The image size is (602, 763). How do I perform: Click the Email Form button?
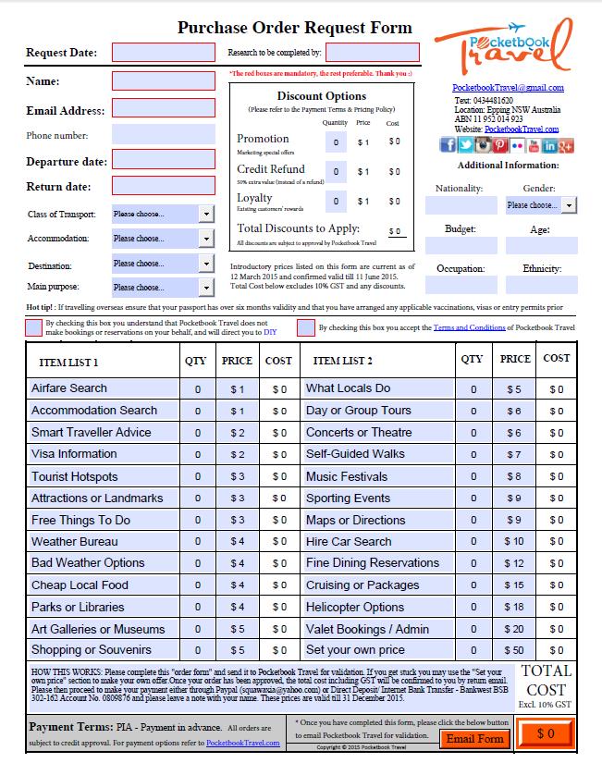(474, 738)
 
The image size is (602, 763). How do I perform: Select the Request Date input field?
(163, 52)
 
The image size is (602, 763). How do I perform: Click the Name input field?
(163, 80)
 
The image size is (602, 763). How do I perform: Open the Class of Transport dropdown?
(163, 214)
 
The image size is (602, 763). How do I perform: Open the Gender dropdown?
(540, 205)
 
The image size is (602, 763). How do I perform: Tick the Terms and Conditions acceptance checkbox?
(305, 327)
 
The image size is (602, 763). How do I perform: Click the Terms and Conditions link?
(469, 327)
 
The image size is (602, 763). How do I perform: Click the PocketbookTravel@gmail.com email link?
(508, 89)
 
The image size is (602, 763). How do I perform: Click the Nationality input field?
(460, 205)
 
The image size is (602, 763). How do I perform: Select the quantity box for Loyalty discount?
(336, 201)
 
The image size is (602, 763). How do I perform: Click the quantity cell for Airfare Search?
(198, 389)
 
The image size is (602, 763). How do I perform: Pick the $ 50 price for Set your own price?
(515, 651)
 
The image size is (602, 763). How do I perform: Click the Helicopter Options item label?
(355, 608)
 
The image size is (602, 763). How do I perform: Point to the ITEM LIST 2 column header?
(343, 361)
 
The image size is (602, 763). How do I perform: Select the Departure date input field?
(163, 161)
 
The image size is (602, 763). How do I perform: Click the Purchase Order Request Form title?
(295, 28)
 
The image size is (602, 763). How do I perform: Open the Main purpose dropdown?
(163, 287)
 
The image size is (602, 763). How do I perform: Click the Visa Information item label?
(74, 454)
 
